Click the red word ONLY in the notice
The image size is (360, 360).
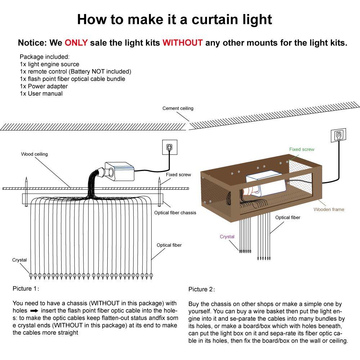point(76,43)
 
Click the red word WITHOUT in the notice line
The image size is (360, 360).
point(183,43)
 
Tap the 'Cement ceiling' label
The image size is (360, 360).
point(178,108)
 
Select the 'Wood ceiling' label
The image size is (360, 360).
point(34,154)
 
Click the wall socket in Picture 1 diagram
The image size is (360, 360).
point(169,147)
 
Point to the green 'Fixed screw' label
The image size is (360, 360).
point(302,149)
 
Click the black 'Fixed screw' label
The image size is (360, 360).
point(178,175)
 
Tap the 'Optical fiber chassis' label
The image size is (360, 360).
point(175,212)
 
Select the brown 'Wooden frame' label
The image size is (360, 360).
point(329,209)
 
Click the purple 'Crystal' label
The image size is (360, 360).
point(227,237)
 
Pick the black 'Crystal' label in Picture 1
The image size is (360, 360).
point(19,260)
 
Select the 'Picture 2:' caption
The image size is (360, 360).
point(202,289)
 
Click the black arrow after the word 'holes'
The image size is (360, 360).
point(34,310)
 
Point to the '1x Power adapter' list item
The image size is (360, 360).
point(44,86)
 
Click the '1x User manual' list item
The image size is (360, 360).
point(41,94)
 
